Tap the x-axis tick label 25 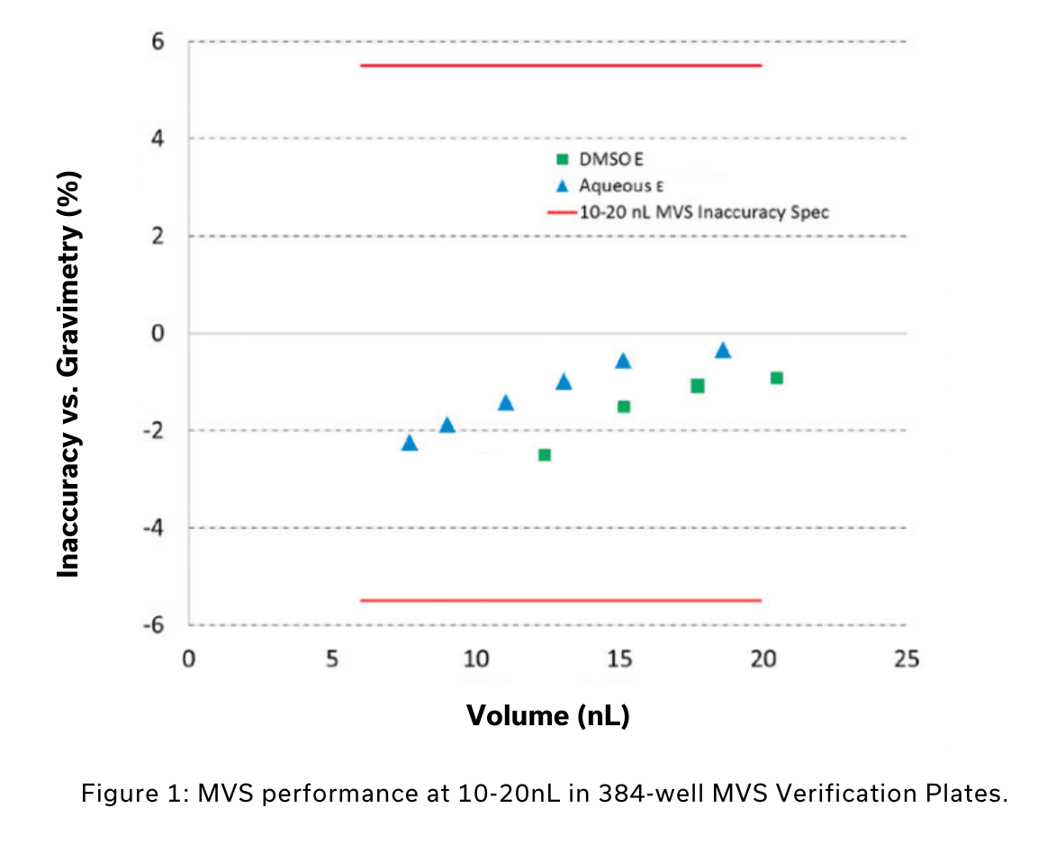click(907, 659)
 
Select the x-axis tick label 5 click(331, 659)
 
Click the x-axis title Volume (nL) click(547, 715)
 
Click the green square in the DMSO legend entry click(562, 160)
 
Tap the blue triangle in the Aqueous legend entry click(562, 186)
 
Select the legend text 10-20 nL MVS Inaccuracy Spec click(703, 212)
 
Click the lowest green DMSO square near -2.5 click(544, 454)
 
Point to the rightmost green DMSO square click(776, 378)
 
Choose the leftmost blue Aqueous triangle click(409, 443)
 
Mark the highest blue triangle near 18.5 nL click(722, 350)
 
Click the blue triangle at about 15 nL click(622, 361)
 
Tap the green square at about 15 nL click(623, 407)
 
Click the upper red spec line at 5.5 click(560, 66)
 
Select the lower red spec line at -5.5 click(560, 600)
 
